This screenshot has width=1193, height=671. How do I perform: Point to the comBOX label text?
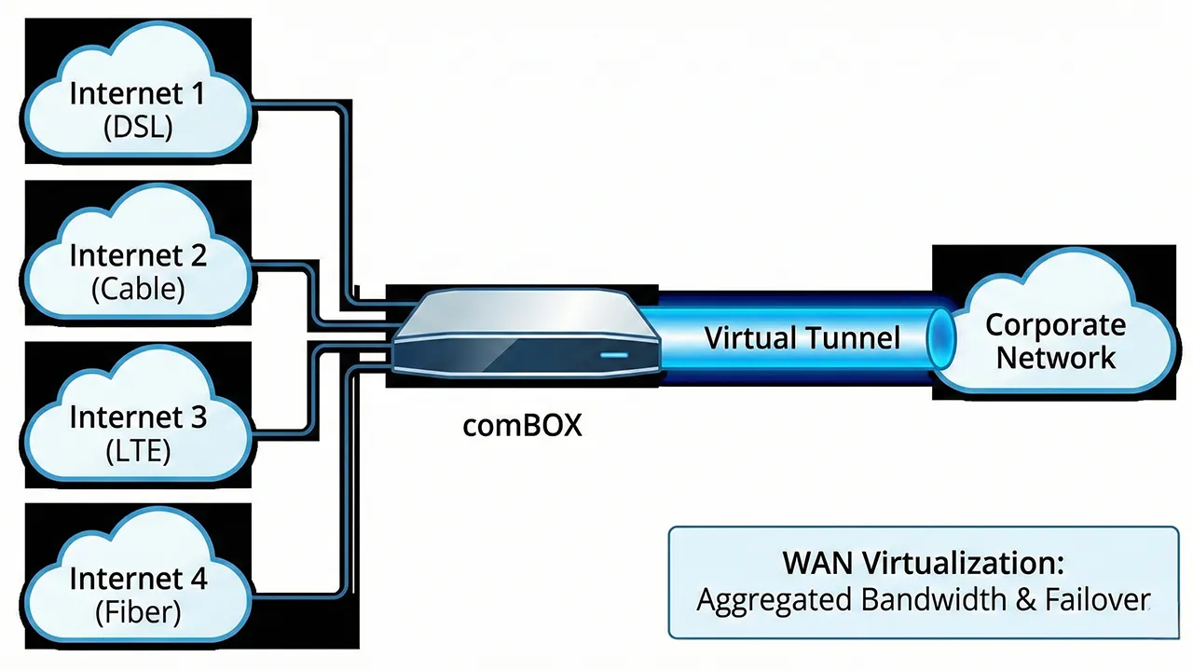coord(522,426)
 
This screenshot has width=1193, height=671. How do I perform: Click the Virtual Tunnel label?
coord(802,337)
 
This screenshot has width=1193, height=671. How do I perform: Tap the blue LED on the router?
coord(614,355)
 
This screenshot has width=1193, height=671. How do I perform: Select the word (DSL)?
coord(138,127)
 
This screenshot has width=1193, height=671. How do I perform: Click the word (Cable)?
coord(138,288)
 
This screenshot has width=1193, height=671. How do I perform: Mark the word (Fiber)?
coord(138,612)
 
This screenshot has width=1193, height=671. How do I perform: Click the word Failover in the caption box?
coord(1095,599)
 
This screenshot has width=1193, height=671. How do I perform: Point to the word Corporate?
coord(1055,325)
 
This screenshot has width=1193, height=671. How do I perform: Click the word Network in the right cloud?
coord(1055,357)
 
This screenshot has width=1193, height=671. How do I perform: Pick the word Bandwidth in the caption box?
coord(932,599)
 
